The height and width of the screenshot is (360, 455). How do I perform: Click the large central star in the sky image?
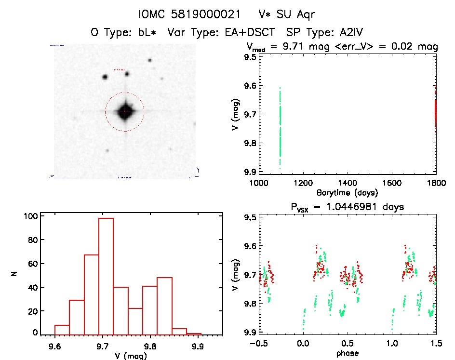(x=125, y=111)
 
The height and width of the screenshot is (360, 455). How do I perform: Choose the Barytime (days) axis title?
(x=347, y=193)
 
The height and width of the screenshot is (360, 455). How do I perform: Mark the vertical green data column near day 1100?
(x=280, y=128)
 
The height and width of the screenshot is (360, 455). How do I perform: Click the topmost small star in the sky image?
(x=150, y=60)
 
